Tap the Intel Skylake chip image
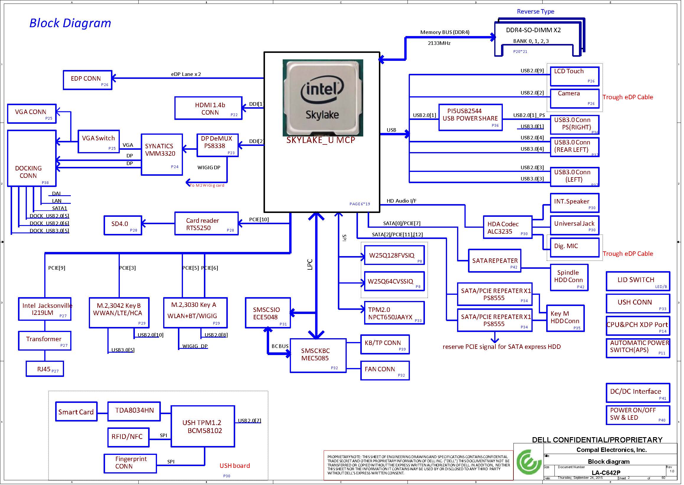tap(323, 98)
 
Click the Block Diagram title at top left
tap(70, 23)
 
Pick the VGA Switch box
tap(99, 141)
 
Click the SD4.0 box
tap(122, 225)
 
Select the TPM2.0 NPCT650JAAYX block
tap(394, 313)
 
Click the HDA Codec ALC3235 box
tap(508, 227)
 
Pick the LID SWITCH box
tap(638, 281)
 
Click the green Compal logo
tap(529, 462)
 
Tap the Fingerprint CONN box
tap(130, 463)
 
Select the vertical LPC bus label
tap(310, 265)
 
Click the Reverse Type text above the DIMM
tap(536, 12)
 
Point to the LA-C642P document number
tap(606, 473)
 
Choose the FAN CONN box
tap(385, 370)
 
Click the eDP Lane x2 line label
tap(186, 74)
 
